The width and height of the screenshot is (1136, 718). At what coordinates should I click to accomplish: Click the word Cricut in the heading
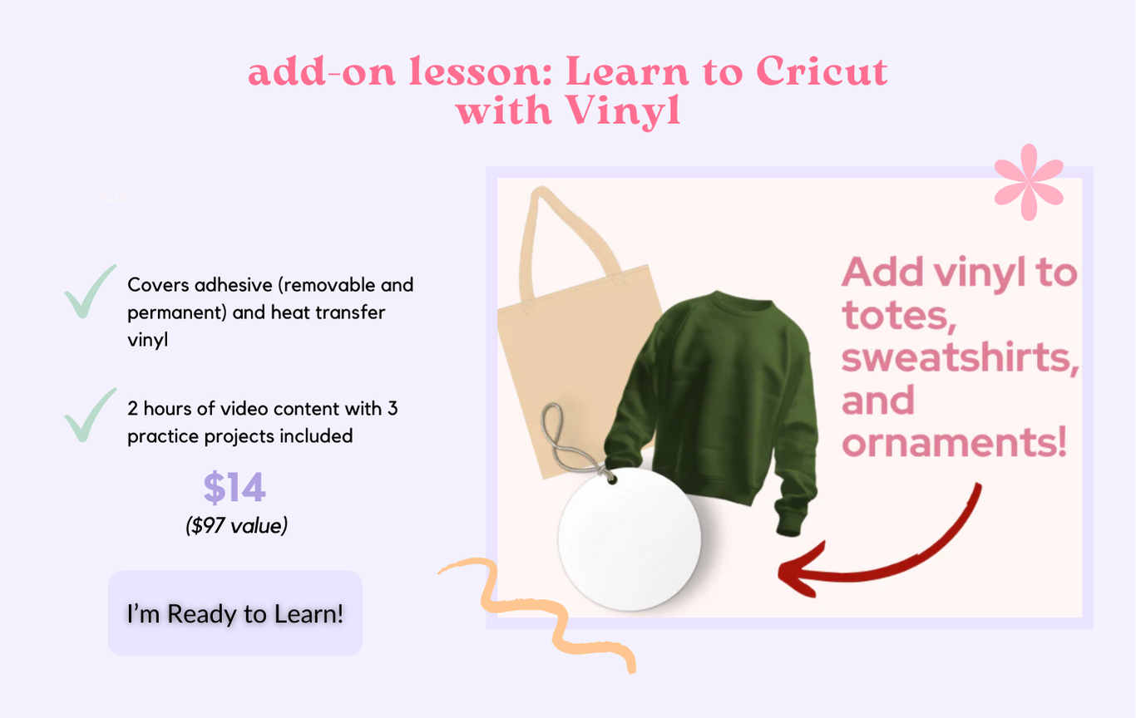[x=822, y=71]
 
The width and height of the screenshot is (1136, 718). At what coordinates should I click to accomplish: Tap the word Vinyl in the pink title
[x=623, y=111]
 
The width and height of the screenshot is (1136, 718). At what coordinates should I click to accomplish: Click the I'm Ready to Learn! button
[x=235, y=613]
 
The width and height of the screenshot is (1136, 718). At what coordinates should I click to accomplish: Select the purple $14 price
[x=235, y=488]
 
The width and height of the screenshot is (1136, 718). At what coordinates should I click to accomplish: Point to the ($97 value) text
[x=236, y=525]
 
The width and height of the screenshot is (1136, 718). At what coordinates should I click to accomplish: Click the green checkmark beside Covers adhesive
[x=89, y=293]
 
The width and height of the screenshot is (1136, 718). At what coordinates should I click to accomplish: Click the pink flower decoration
[x=1029, y=182]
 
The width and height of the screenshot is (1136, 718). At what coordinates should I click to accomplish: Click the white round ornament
[x=630, y=538]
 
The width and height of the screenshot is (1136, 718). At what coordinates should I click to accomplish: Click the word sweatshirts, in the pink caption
[x=960, y=357]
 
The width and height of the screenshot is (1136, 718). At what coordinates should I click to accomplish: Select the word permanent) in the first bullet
[x=176, y=312]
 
